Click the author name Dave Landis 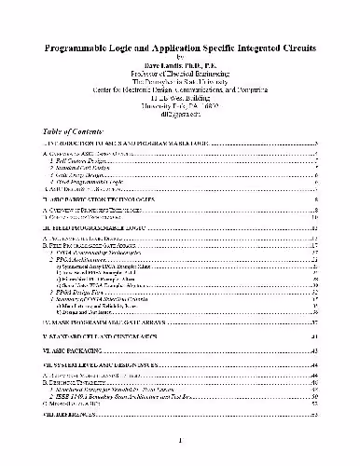[x=181, y=65]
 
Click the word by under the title [x=181, y=56]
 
